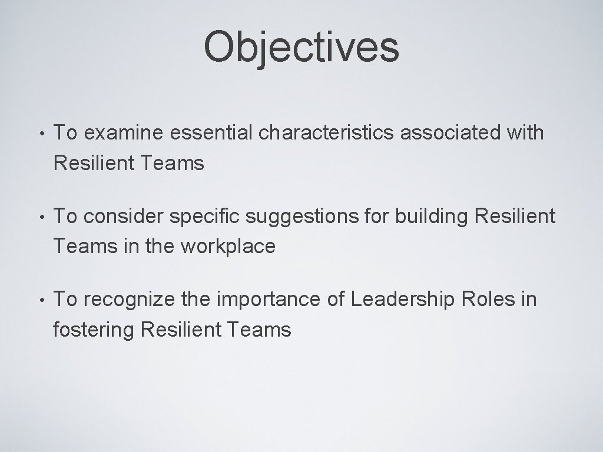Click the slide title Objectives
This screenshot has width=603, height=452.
tap(301, 48)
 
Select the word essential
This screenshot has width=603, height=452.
tap(204, 134)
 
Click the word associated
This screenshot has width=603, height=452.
tap(450, 134)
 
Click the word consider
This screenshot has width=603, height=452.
tap(124, 217)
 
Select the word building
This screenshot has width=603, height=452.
tap(426, 217)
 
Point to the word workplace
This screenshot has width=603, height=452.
tap(228, 247)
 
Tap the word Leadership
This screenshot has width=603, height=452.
tap(403, 300)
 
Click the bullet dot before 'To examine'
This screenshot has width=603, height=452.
tap(37, 134)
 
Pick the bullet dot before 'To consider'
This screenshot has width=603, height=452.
tap(37, 217)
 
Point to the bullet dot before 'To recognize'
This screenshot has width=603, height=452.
tap(37, 300)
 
